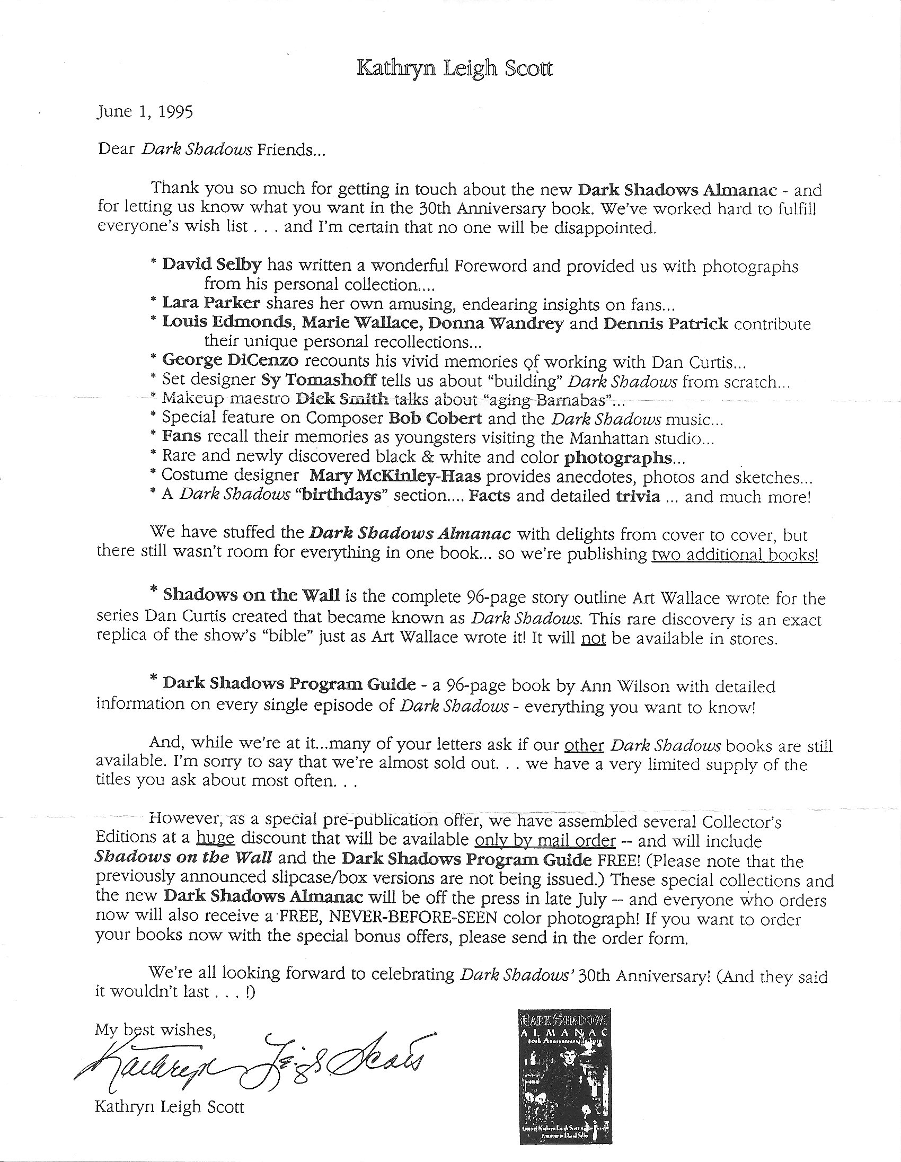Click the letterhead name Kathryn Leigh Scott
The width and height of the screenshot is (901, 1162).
tap(454, 69)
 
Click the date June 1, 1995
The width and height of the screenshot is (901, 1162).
tap(145, 112)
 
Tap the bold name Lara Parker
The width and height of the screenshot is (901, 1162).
tap(211, 303)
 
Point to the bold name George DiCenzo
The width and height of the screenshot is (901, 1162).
tap(230, 360)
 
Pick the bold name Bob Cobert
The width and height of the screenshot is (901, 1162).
tap(435, 418)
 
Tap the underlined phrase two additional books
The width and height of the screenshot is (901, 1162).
tap(735, 554)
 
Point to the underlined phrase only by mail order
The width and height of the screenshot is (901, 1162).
tap(545, 841)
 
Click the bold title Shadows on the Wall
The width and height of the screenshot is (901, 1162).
tap(251, 595)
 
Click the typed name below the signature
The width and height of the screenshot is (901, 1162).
tap(169, 1107)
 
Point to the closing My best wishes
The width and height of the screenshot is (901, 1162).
tap(155, 1030)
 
